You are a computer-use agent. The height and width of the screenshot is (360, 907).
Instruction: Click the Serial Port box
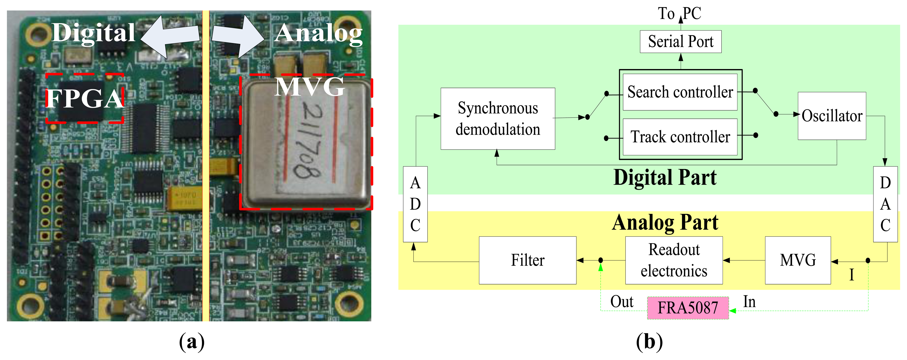680,42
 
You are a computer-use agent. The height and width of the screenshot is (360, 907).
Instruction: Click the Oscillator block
832,116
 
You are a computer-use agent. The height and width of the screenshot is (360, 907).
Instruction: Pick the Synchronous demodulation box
498,119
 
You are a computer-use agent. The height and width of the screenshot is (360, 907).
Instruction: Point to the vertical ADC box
415,204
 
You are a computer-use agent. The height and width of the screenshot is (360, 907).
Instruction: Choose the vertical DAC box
885,204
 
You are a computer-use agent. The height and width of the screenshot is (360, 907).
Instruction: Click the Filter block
527,260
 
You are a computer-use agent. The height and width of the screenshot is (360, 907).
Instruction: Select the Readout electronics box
674,260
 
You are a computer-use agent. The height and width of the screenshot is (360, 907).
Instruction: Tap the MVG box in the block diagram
797,260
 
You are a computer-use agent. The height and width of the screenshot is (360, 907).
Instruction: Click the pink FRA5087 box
688,308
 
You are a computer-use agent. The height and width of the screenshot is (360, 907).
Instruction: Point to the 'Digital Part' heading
665,177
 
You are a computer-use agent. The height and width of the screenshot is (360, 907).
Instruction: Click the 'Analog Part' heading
665,223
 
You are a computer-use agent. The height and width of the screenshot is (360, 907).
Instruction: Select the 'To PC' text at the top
680,13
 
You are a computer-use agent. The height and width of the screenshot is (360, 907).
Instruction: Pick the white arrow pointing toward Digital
169,36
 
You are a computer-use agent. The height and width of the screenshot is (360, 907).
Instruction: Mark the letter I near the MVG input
851,275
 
